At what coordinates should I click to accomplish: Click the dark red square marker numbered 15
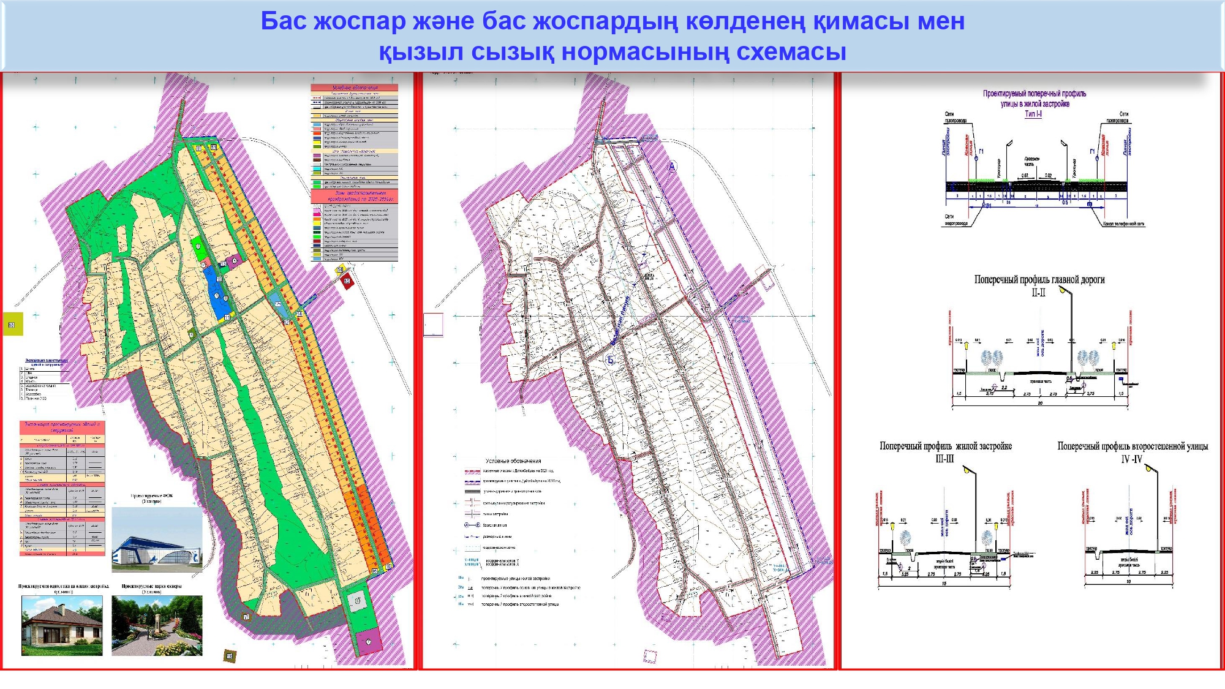[347, 282]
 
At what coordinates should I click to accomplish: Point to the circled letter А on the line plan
[672, 167]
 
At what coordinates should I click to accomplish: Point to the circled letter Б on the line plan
[610, 360]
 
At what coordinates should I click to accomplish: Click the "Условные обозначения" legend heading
[513, 461]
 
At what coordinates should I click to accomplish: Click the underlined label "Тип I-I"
[1033, 114]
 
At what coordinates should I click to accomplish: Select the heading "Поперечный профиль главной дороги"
[1039, 280]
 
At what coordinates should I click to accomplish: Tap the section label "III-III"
[944, 459]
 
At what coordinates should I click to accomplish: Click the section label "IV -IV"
[1131, 459]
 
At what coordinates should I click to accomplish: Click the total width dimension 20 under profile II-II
[1040, 403]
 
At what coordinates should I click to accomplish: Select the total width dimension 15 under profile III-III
[944, 583]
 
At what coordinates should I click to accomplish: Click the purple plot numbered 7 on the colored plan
[369, 641]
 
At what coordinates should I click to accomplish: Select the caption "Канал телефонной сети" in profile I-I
[1123, 224]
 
